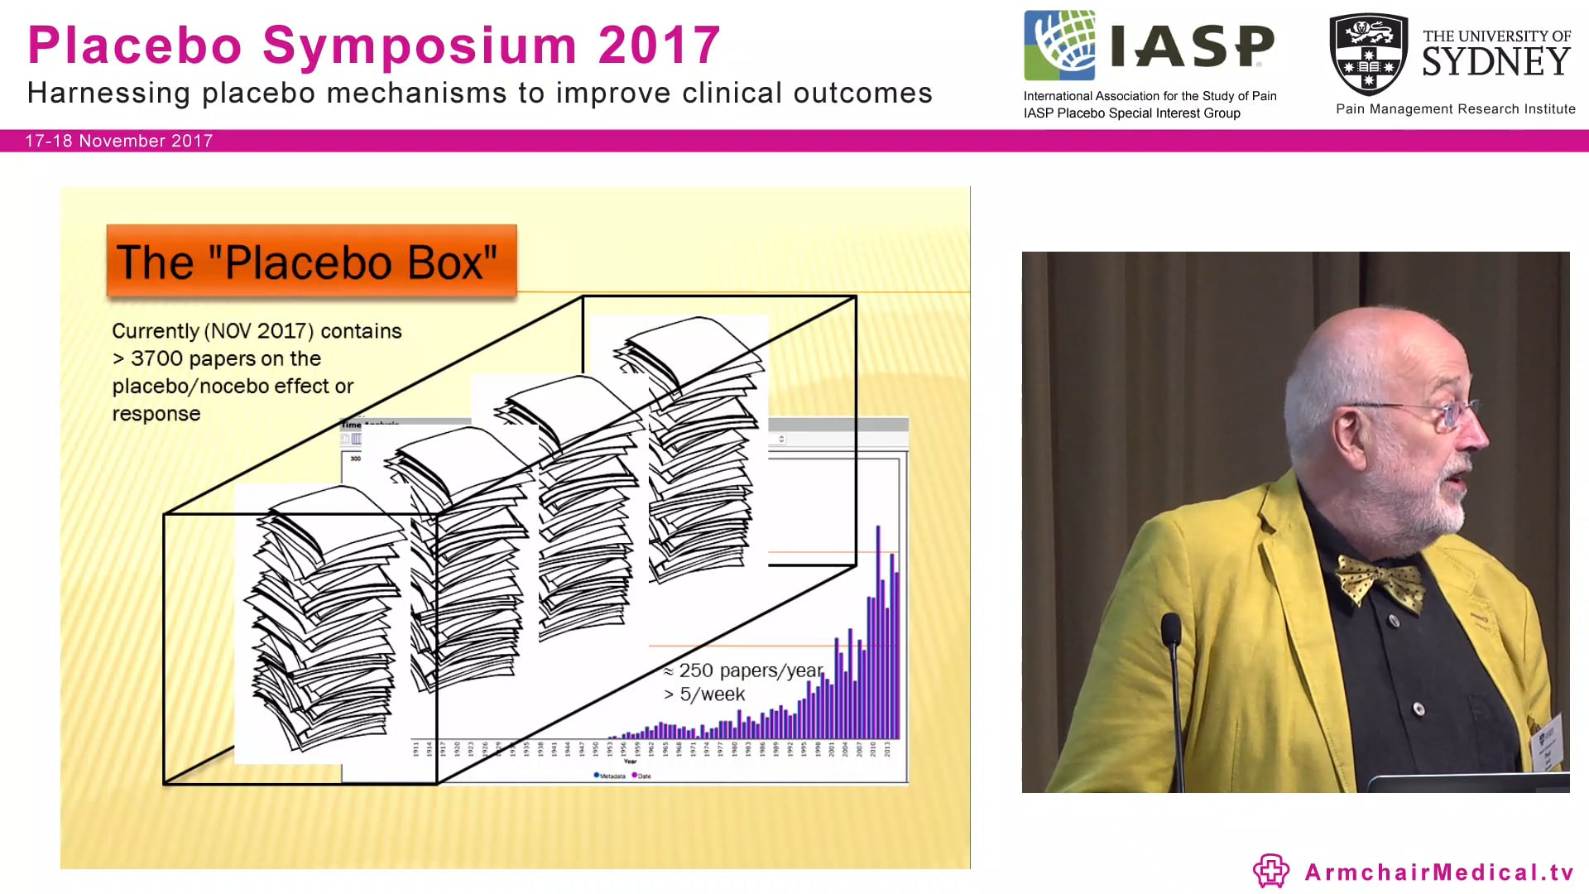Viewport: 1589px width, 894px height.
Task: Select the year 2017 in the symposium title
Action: coord(660,46)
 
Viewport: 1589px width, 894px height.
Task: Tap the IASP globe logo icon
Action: coord(1059,45)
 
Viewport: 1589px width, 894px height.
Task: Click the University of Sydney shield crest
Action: coord(1368,54)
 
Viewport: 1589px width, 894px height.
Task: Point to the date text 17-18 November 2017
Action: coord(119,141)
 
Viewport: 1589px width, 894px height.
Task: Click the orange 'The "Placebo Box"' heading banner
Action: coord(311,262)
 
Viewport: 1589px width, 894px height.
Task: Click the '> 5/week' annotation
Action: coord(704,695)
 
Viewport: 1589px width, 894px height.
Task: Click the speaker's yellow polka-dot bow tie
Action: coord(1380,581)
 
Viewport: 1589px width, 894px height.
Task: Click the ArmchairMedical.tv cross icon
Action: coord(1270,871)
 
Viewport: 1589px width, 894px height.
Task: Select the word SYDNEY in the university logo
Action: coord(1495,62)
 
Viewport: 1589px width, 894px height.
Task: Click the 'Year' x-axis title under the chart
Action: coord(631,762)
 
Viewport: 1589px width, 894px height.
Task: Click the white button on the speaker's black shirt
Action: coord(1419,709)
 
